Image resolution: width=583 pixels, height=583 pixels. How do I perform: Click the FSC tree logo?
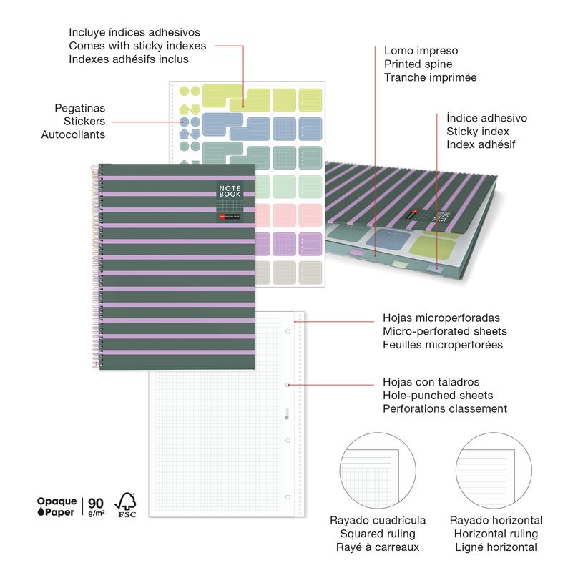(x=127, y=504)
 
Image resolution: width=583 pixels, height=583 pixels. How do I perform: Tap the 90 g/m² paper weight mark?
(x=95, y=506)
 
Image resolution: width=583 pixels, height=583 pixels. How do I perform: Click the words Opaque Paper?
(x=56, y=506)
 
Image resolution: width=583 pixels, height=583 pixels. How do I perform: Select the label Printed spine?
(x=418, y=64)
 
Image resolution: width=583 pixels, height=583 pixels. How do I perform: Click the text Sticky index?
(x=478, y=132)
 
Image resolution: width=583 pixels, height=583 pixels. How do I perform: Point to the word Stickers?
(x=84, y=121)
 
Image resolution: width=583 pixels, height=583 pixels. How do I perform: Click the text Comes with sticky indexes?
(x=137, y=46)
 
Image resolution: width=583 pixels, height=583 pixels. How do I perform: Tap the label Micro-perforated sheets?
(x=445, y=331)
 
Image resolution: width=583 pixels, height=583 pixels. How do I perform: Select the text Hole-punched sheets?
(x=438, y=396)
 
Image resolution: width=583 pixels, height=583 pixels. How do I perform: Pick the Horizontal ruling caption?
(x=495, y=534)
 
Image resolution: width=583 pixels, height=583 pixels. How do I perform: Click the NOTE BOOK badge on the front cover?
(x=230, y=191)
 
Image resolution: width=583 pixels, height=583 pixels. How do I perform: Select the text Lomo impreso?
(x=421, y=51)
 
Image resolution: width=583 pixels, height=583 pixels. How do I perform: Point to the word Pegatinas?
(x=79, y=108)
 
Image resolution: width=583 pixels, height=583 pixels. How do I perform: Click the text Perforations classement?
(x=445, y=409)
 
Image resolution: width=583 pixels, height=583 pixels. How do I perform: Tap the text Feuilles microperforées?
(x=443, y=345)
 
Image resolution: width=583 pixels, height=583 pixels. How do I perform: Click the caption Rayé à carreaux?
(x=377, y=547)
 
